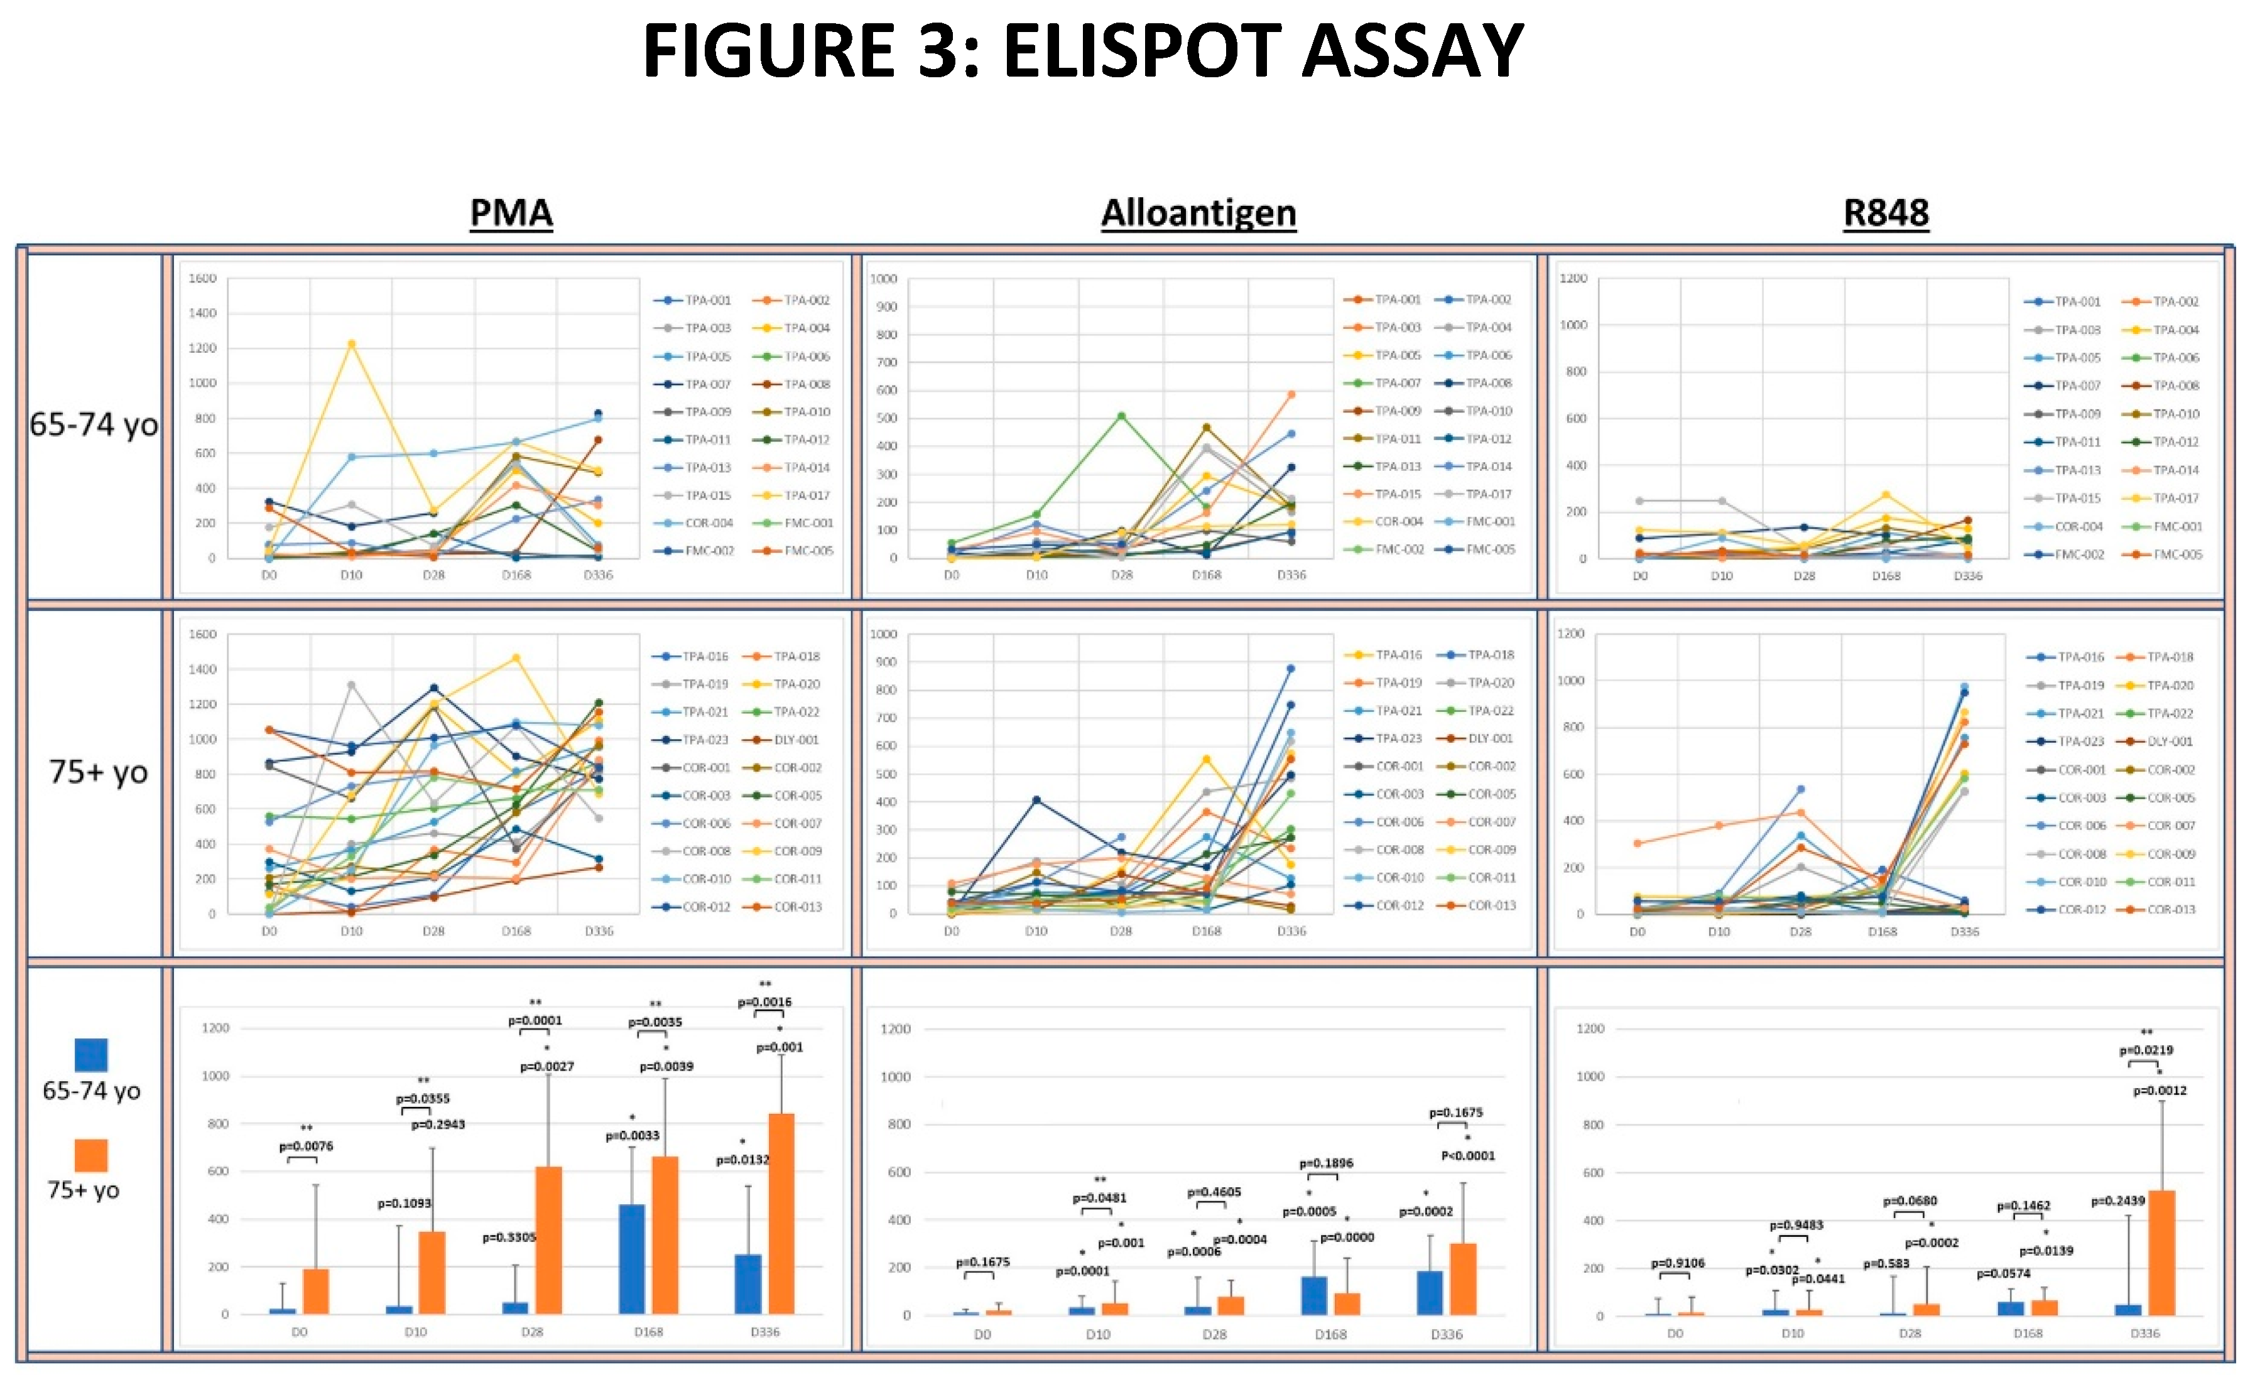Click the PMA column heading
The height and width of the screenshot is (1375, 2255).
[511, 213]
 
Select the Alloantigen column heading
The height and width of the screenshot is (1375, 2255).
[1198, 213]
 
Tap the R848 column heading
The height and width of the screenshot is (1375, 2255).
[1885, 213]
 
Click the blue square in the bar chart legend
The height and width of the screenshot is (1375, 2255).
[90, 1054]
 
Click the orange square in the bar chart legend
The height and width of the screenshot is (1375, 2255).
[90, 1155]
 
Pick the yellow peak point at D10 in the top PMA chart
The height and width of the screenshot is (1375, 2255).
[351, 344]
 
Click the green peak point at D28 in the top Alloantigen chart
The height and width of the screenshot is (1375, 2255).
[1121, 416]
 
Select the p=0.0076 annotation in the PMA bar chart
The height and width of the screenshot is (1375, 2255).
[306, 1145]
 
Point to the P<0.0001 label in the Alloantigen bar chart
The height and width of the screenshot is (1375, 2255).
[1468, 1155]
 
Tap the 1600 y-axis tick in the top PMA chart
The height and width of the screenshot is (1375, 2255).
[202, 278]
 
